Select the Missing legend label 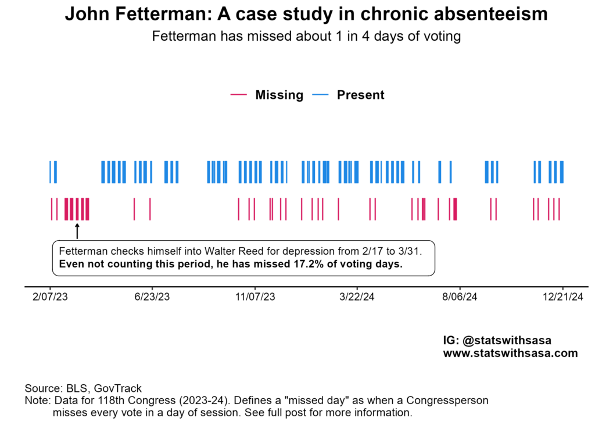point(279,95)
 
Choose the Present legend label point(360,95)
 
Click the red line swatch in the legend point(239,95)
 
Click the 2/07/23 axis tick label point(50,297)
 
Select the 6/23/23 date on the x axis point(152,297)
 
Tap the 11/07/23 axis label point(255,297)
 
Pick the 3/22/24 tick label point(357,297)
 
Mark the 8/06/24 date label point(460,297)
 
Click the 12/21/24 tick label point(562,297)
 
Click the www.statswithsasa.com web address point(510,353)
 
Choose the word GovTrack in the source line point(120,388)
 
